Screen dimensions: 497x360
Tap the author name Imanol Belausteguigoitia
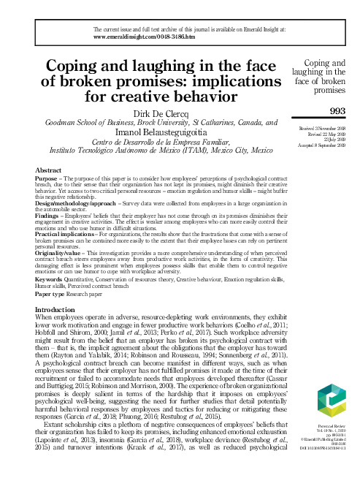coord(179,132)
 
